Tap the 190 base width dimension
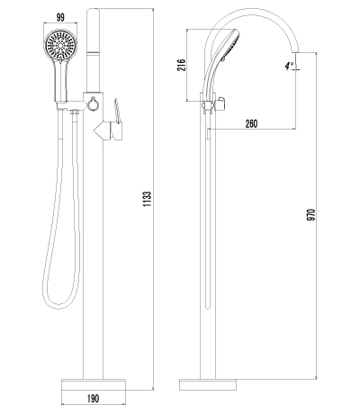pyautogui.click(x=92, y=397)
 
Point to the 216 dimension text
pyautogui.click(x=182, y=67)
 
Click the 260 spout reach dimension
pyautogui.click(x=252, y=123)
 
